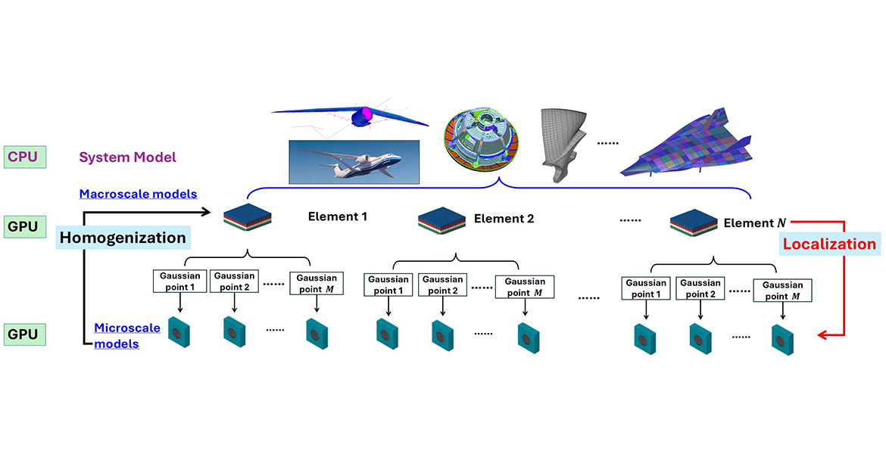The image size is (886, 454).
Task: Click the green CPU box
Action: (x=24, y=157)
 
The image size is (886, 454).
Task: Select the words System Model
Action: (x=128, y=157)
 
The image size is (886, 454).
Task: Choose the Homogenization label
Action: (x=123, y=238)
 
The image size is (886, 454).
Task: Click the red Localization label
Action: (x=829, y=244)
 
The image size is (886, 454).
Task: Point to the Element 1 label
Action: (x=337, y=216)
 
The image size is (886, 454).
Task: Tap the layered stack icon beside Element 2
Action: (x=441, y=220)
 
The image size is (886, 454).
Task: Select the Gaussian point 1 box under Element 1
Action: (x=179, y=282)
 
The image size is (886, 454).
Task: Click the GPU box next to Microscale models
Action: (x=24, y=333)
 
